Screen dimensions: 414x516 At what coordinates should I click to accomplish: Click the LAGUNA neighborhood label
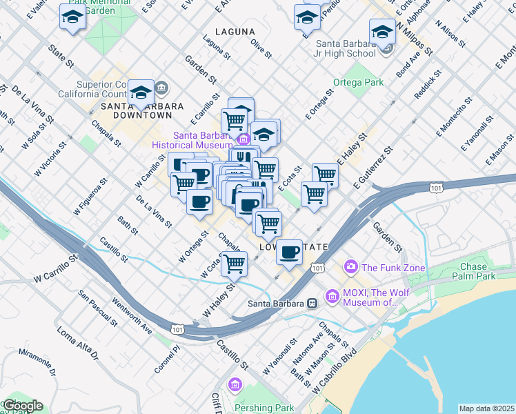[235, 32]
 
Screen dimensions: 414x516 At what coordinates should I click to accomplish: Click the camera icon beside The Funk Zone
[350, 266]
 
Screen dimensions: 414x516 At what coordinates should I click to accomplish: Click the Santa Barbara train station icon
[312, 304]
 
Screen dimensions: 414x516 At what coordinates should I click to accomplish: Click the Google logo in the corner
[22, 406]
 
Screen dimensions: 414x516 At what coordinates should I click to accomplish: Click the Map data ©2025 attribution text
[486, 408]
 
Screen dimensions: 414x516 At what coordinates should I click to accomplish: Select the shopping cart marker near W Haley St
[235, 263]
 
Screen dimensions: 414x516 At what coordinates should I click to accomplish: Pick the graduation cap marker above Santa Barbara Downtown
[141, 92]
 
